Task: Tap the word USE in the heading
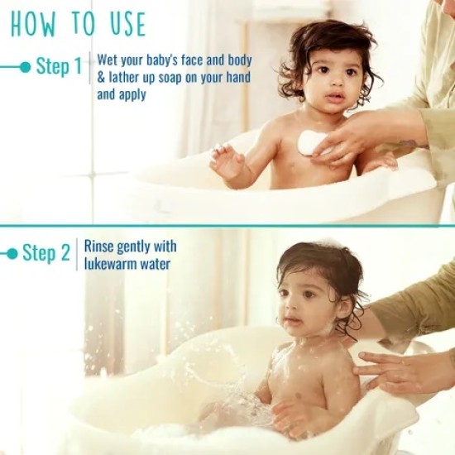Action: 122,25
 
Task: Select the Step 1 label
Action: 57,67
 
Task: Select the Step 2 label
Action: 45,253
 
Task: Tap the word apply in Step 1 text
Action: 132,94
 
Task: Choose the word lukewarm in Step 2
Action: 113,264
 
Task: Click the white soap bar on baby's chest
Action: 309,142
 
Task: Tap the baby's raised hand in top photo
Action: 225,160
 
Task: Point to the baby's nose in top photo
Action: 334,85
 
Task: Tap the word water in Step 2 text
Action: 156,264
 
